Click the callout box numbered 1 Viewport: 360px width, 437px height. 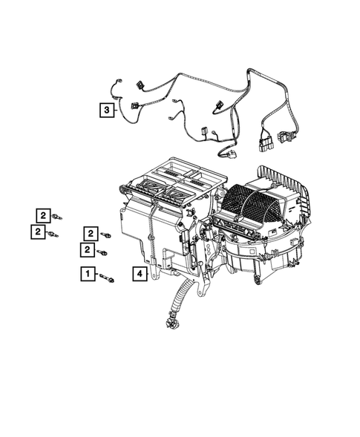(x=88, y=275)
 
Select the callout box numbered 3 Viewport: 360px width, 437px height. (x=108, y=110)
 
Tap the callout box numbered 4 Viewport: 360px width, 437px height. (x=138, y=273)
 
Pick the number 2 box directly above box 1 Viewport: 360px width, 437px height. (x=88, y=249)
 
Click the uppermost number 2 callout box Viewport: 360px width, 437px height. (x=45, y=215)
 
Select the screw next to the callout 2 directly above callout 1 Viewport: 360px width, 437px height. (x=103, y=253)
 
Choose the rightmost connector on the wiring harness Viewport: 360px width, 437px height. (x=284, y=137)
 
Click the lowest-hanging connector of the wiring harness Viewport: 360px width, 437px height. (x=228, y=155)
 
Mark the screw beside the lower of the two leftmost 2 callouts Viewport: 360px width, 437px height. (x=53, y=235)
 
